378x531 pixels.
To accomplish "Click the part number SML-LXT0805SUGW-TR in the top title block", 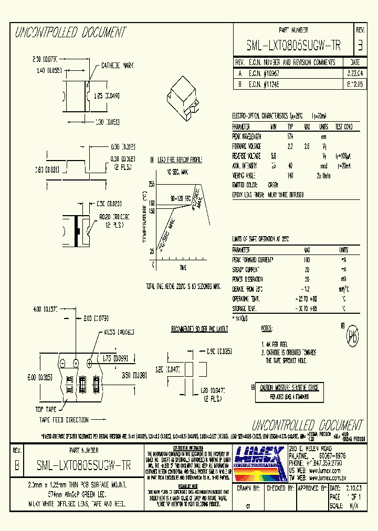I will (293, 46).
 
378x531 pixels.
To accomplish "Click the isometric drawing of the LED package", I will (183, 95).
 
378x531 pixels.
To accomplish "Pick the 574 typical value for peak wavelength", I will (290, 136).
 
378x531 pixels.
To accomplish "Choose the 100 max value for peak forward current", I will (307, 260).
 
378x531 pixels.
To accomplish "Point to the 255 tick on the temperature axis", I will (151, 185).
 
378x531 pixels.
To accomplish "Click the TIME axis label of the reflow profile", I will (183, 268).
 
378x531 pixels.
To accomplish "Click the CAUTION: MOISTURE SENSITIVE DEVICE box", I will (289, 387).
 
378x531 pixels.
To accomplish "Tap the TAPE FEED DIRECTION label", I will (66, 420).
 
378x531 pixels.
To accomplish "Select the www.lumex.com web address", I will (321, 471).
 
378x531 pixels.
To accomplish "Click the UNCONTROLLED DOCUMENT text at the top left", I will (71, 33).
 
